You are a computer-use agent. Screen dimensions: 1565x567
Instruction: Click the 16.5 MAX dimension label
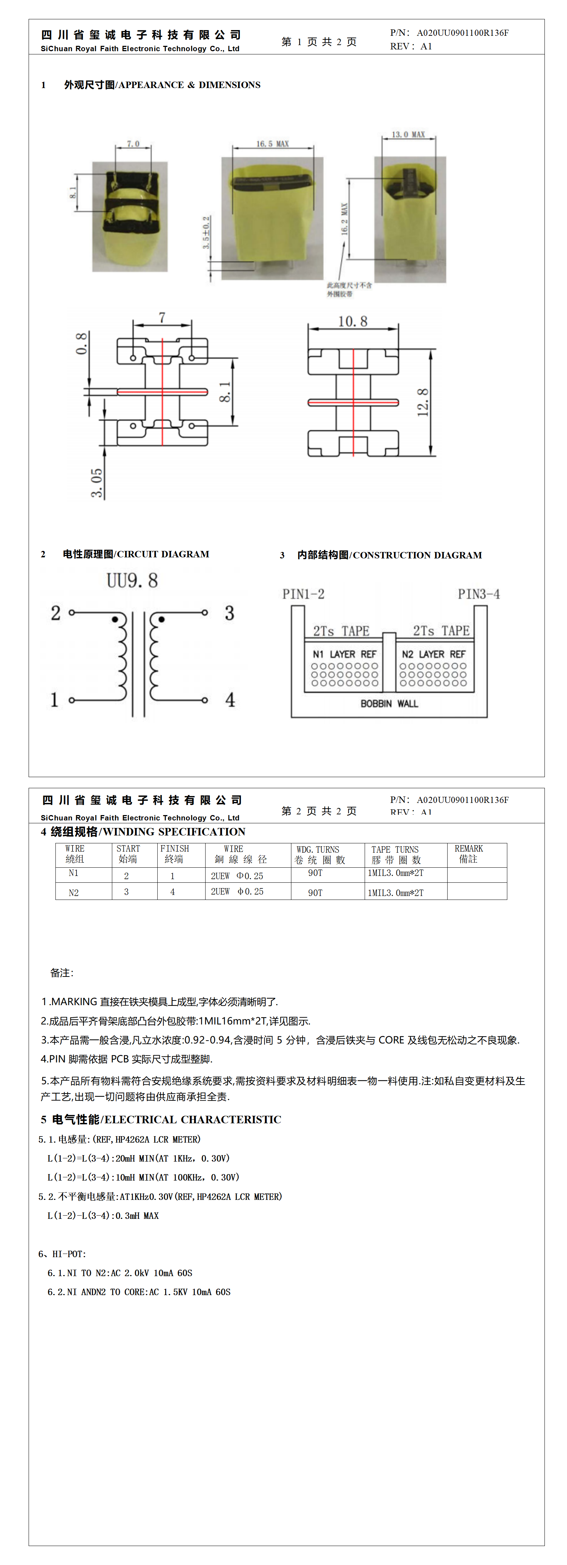272,144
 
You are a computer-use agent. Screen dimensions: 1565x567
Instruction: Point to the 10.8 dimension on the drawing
353,321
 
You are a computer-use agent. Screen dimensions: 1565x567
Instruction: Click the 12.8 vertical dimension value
423,402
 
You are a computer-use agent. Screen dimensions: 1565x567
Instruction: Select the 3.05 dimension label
97,483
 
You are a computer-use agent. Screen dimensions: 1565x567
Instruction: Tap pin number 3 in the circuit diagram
230,613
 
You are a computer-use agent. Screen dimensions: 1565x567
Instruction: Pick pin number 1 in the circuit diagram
54,700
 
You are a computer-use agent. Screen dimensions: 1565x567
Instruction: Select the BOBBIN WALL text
389,703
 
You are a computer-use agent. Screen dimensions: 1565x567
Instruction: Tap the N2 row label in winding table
73,892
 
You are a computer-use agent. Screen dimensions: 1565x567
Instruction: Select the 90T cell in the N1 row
315,873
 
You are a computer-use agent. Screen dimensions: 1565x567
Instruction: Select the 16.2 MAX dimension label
344,219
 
